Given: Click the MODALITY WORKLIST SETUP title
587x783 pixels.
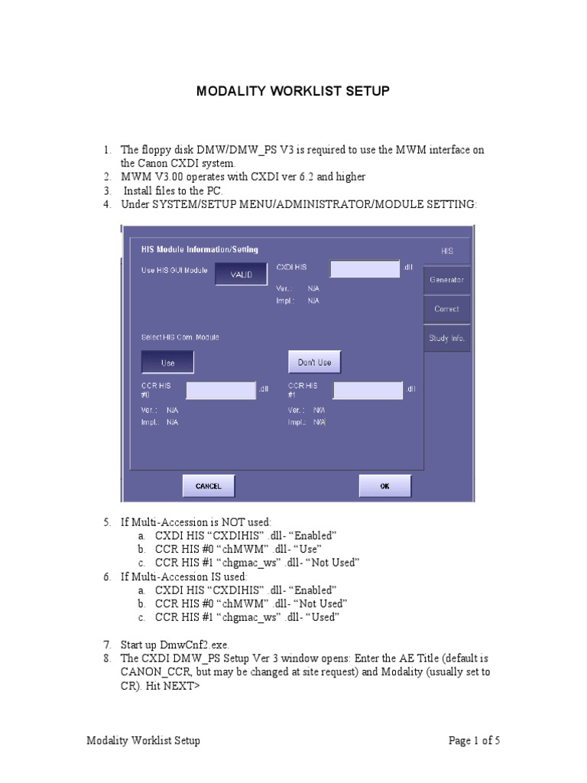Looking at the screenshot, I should pyautogui.click(x=293, y=92).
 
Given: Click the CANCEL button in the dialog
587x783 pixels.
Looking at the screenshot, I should pyautogui.click(x=208, y=486).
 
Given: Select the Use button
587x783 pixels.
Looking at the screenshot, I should pyautogui.click(x=167, y=362).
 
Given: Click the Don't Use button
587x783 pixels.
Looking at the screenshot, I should pyautogui.click(x=314, y=362).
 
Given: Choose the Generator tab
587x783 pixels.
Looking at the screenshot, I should pyautogui.click(x=446, y=280).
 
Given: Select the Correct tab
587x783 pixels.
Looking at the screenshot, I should pyautogui.click(x=446, y=309).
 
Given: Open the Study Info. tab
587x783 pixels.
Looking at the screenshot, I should pyautogui.click(x=446, y=338).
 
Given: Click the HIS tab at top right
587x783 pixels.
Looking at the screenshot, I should pyautogui.click(x=446, y=251).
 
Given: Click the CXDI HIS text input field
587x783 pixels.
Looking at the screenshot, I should pyautogui.click(x=365, y=268).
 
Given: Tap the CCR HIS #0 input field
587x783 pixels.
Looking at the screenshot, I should pyautogui.click(x=221, y=390).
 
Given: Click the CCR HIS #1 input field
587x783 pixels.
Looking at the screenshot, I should pyautogui.click(x=368, y=390).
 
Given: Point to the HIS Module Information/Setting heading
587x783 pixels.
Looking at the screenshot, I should pyautogui.click(x=199, y=249).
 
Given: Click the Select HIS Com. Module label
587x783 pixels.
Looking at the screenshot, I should pyautogui.click(x=174, y=337).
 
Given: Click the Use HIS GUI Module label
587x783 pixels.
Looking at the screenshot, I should pyautogui.click(x=174, y=269).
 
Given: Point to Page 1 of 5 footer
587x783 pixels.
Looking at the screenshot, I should pyautogui.click(x=474, y=740).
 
